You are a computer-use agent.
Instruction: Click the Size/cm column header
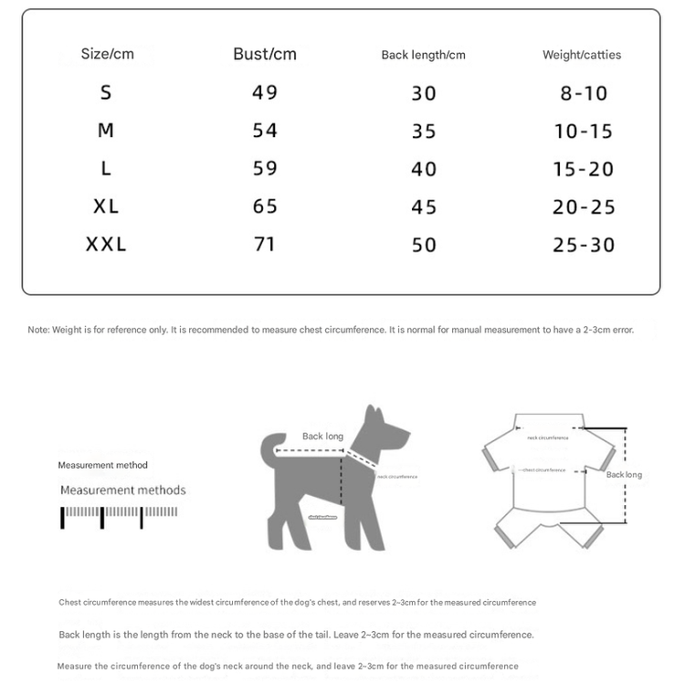point(107,54)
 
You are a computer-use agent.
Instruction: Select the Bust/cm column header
point(265,54)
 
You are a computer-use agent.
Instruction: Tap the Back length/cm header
point(423,55)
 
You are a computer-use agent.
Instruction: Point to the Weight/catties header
point(582,55)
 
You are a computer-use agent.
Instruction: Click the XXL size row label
point(106,245)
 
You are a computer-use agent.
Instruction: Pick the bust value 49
point(265,92)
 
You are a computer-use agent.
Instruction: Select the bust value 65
point(265,206)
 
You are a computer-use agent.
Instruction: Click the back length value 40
point(424,169)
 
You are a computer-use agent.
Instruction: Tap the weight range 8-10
point(582,93)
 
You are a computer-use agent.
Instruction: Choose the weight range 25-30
point(584,245)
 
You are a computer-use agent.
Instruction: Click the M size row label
point(106,131)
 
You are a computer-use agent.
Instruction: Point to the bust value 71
point(264,245)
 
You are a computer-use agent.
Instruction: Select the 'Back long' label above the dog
point(322,437)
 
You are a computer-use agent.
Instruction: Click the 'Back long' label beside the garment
point(624,475)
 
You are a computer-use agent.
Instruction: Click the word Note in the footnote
point(37,330)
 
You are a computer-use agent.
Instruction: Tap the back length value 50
point(424,245)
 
